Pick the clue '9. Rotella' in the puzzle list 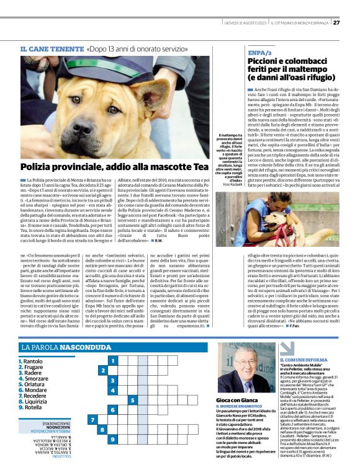coord(31,407)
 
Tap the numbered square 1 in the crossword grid coord(112,360)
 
